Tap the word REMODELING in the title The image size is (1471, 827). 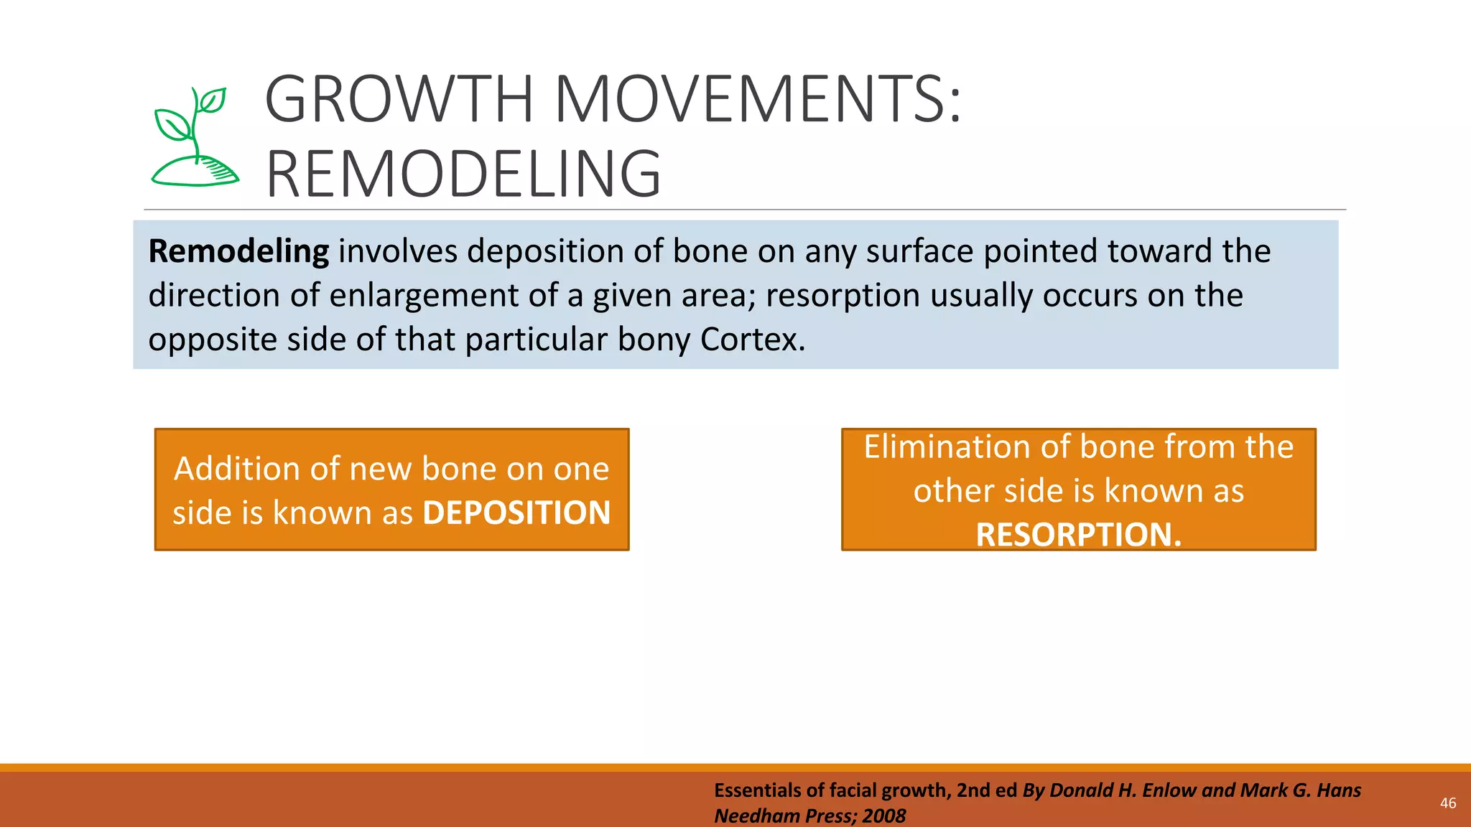coord(463,174)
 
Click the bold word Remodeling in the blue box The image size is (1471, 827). coord(238,252)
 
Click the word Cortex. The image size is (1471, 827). coord(752,340)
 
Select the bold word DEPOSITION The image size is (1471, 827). coord(516,513)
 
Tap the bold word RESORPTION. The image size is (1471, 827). coord(1077,535)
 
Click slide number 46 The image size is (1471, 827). coord(1448,803)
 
